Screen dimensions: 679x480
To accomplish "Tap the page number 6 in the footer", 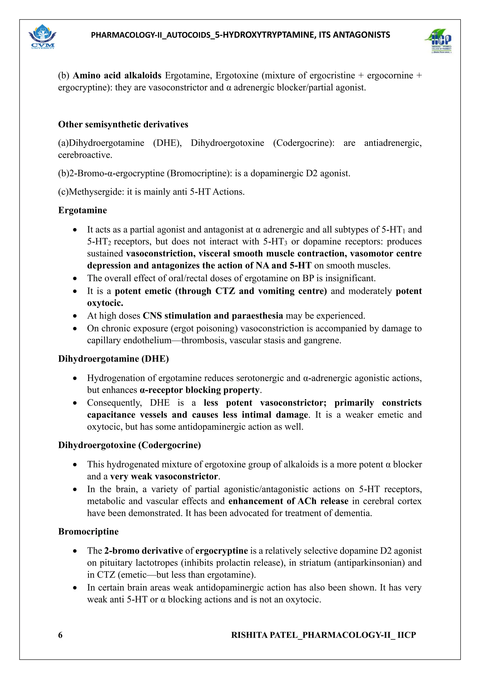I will (x=60, y=635).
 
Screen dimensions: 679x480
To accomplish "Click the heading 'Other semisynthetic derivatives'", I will (x=123, y=124).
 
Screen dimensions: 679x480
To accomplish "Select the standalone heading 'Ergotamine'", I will (x=82, y=210).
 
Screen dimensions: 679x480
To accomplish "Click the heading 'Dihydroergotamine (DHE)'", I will (x=113, y=359).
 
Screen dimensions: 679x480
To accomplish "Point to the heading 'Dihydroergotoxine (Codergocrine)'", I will (x=129, y=445).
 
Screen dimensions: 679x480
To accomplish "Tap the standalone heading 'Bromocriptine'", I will (x=88, y=532).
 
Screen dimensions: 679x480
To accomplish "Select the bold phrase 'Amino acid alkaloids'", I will (x=117, y=75).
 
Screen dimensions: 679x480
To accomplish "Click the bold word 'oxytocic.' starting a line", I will (x=105, y=303).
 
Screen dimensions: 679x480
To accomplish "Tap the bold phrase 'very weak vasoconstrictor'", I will (x=164, y=476).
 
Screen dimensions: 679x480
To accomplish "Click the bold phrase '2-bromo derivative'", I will (x=143, y=551).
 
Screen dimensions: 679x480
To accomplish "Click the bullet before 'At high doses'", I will (x=75, y=316).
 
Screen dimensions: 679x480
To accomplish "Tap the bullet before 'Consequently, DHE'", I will (x=75, y=403).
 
